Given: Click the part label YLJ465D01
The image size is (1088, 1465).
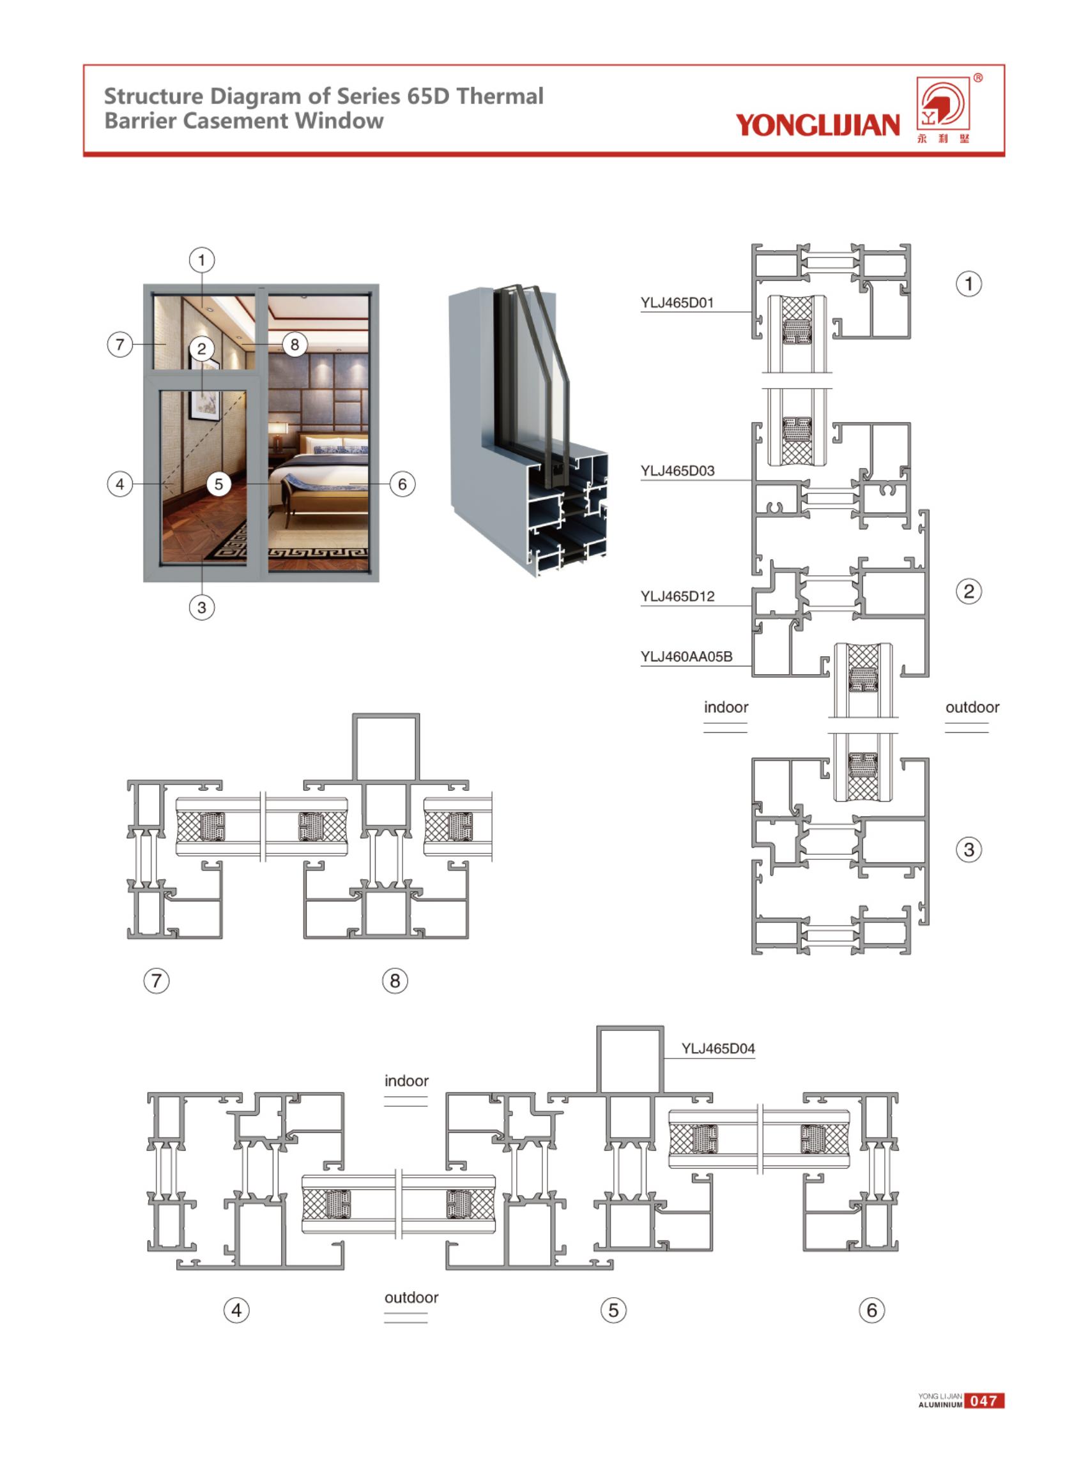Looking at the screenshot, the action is coord(677,303).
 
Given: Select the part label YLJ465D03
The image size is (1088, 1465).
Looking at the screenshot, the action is coord(677,471).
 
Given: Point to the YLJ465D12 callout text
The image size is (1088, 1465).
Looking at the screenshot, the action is coord(677,597).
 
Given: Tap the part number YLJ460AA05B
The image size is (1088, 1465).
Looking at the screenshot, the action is coord(686,657).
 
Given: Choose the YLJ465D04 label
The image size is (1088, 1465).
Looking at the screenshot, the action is coord(718,1048).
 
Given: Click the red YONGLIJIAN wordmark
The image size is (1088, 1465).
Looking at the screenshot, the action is coord(817,124).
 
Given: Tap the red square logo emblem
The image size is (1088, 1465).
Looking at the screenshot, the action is coord(944,103).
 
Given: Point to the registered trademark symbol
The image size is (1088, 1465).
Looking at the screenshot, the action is coord(978,79).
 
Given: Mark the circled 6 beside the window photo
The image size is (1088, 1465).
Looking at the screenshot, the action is coord(402,485).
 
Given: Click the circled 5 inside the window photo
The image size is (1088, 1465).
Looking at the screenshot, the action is coord(218,485).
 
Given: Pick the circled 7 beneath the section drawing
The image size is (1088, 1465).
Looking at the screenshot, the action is coord(156,980).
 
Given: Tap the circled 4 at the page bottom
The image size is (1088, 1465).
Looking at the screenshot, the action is coord(236,1311).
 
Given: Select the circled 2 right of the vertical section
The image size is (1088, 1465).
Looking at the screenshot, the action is coord(968,591).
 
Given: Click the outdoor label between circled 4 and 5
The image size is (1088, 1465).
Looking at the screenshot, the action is coord(411,1297).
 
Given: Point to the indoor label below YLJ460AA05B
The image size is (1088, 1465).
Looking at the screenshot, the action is coord(726,707).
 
